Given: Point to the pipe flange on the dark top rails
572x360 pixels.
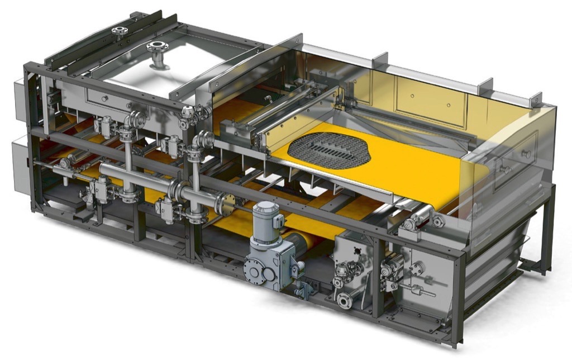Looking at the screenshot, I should (x=119, y=31).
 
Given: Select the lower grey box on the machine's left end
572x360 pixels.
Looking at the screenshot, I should (x=21, y=159).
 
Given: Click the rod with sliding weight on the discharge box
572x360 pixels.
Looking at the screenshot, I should (x=422, y=291).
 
